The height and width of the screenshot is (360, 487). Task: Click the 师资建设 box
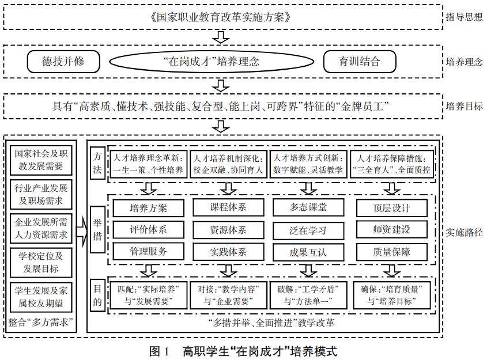click(392, 230)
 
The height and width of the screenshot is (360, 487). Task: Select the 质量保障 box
click(392, 252)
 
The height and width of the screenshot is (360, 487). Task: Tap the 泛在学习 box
click(308, 230)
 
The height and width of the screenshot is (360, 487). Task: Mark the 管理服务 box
click(148, 252)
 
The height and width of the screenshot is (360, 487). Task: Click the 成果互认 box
click(308, 252)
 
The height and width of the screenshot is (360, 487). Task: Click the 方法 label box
click(97, 163)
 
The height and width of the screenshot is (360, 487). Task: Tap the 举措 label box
click(97, 229)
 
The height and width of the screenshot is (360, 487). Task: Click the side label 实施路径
click(463, 233)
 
